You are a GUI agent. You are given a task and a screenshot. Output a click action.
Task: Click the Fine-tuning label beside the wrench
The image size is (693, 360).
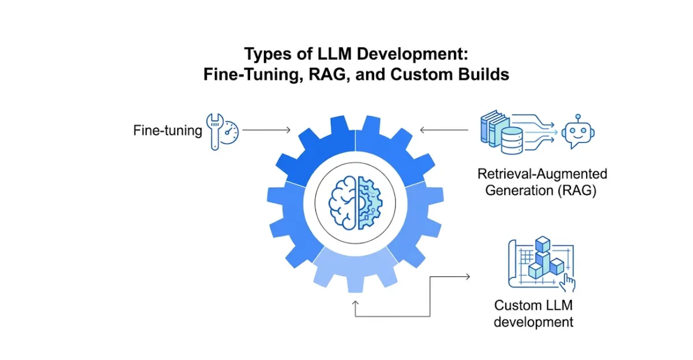coord(167,131)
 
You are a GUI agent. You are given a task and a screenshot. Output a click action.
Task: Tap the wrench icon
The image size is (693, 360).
coord(214,132)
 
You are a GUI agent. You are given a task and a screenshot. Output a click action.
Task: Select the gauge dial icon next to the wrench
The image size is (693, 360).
coord(231,132)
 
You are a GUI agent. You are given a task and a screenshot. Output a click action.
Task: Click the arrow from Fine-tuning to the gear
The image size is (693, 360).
coord(266,131)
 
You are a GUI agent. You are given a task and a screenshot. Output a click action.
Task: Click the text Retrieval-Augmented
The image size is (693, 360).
coord(542,173)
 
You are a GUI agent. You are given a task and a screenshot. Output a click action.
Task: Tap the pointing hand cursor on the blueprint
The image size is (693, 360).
coord(569,283)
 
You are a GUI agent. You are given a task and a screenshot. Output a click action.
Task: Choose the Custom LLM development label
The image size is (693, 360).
coord(534,314)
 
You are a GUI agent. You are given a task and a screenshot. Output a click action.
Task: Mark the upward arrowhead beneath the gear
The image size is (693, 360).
coord(355,302)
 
